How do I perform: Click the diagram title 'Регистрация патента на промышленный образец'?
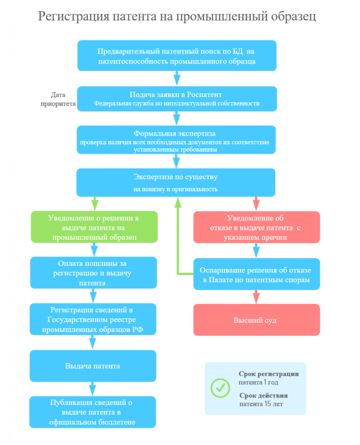tap(177, 17)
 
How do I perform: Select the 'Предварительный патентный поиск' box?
tap(177, 56)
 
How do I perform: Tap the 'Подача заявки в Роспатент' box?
tap(177, 99)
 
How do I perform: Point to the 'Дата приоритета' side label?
tap(58, 99)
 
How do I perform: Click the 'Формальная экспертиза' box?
tap(176, 140)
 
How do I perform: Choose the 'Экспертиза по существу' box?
tap(176, 183)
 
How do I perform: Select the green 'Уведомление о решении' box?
tap(94, 227)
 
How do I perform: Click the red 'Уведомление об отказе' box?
tap(257, 227)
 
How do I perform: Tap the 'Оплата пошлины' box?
tap(93, 273)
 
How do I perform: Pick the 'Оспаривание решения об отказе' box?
tap(257, 274)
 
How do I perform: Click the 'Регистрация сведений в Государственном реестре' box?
tap(93, 319)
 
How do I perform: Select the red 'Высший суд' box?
tap(257, 320)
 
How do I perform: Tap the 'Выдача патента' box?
tap(93, 366)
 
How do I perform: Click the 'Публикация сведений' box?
tap(93, 412)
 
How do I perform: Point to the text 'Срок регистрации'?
tap(269, 374)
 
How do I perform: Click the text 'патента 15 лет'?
tap(261, 404)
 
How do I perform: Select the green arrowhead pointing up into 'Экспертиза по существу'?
tap(178, 202)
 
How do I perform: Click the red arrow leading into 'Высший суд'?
tap(256, 297)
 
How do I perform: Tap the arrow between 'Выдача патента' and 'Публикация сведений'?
tap(93, 389)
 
